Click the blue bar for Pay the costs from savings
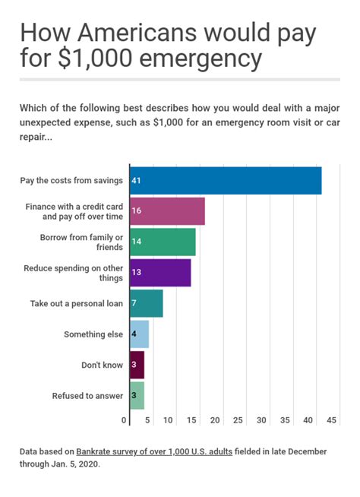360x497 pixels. [x=226, y=180]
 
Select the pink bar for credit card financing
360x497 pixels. [x=167, y=211]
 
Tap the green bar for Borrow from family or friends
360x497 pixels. [x=163, y=242]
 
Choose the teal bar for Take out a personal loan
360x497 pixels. [x=147, y=303]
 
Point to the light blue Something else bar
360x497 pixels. [x=140, y=334]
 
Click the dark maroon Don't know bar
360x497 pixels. [x=137, y=365]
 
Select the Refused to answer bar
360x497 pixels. [x=137, y=396]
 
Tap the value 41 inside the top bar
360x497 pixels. [x=137, y=180]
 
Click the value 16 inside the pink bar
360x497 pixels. [x=137, y=211]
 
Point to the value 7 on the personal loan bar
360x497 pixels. [x=134, y=303]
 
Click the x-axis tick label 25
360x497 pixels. [x=238, y=420]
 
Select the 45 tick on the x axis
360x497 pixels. [x=332, y=420]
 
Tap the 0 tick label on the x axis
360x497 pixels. [x=125, y=420]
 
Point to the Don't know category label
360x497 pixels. [x=102, y=365]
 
